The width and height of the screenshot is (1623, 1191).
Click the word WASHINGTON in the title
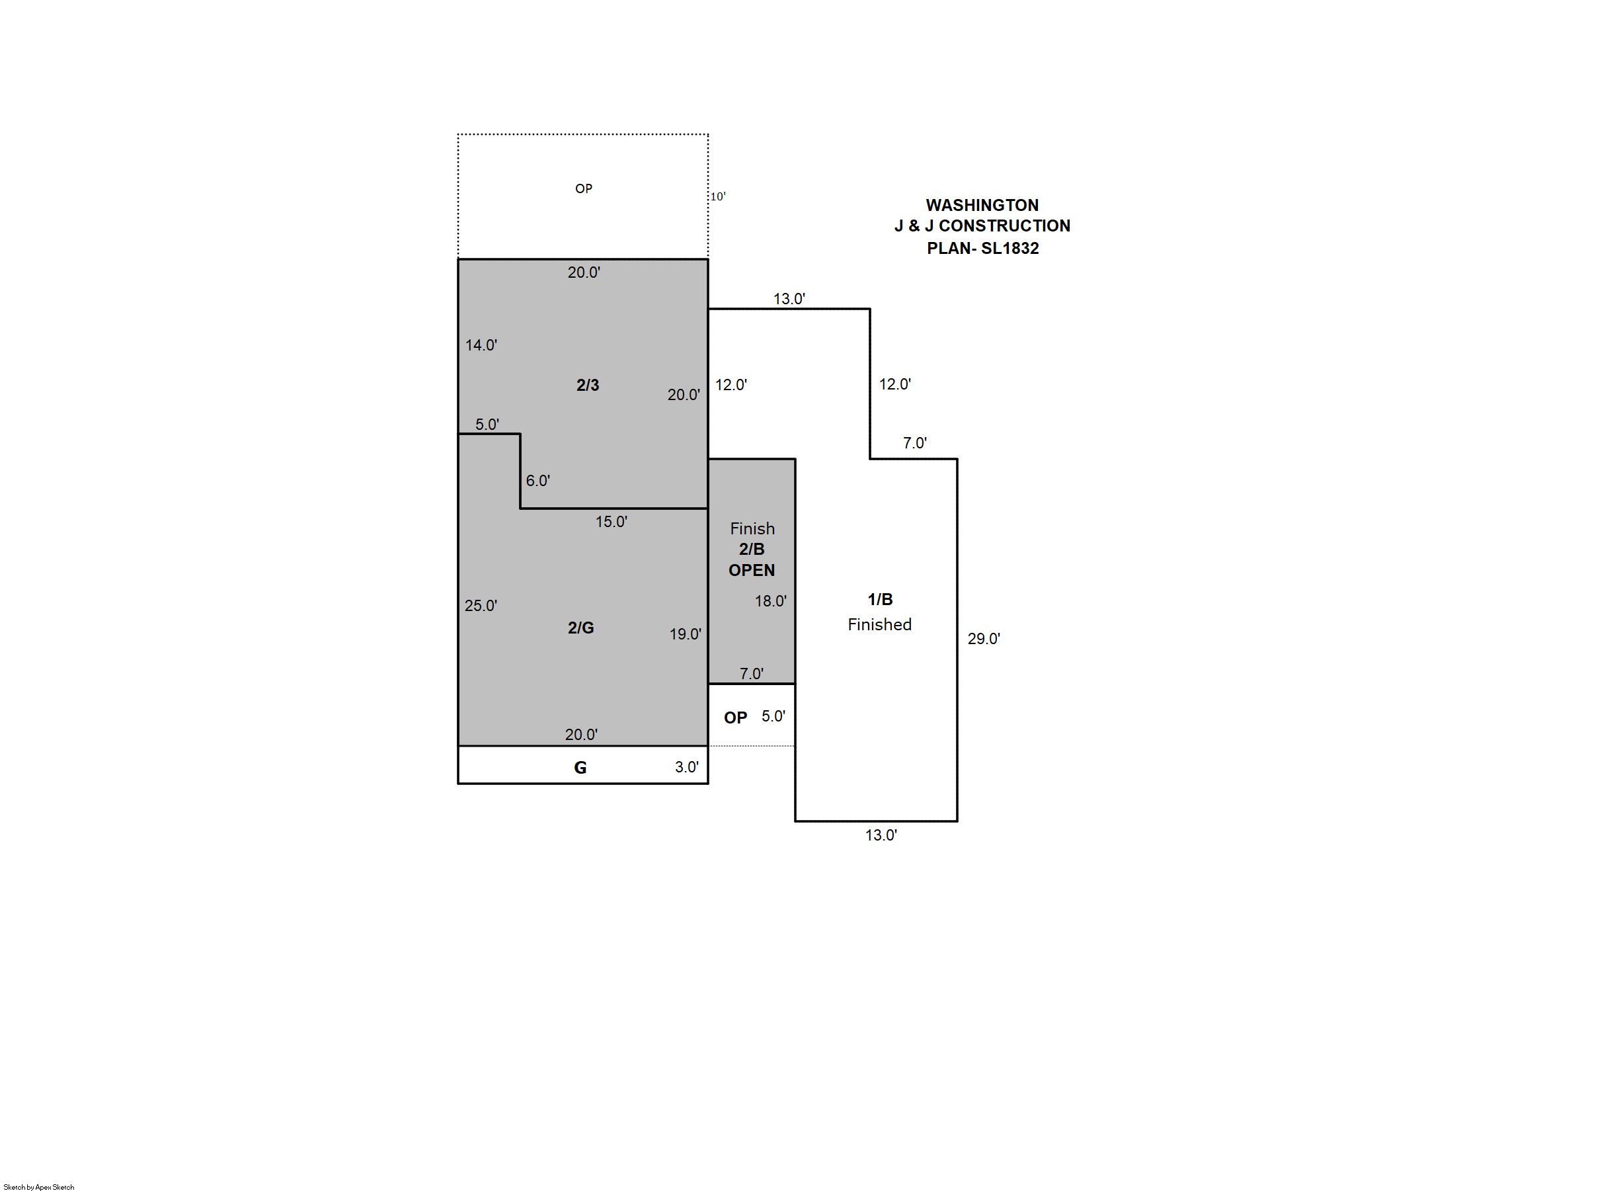coord(982,206)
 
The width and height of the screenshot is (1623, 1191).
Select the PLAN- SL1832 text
coord(982,249)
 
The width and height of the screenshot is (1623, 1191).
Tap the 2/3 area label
coord(587,385)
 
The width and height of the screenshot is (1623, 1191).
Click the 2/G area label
coord(581,628)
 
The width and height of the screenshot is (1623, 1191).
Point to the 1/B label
coord(880,599)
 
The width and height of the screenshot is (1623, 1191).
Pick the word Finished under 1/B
coord(879,624)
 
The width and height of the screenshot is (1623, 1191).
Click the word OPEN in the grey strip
coord(752,570)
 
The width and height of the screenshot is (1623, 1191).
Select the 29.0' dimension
coord(984,639)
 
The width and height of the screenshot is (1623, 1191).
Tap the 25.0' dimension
coord(481,606)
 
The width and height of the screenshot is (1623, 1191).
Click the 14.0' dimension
coord(481,345)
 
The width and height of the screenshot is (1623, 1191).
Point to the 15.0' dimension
coord(611,522)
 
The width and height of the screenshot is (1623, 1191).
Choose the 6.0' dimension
coord(537,481)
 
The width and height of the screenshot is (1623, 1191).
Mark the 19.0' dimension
coord(686,634)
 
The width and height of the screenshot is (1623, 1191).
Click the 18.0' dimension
coord(770,601)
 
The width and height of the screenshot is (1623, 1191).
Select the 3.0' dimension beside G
coord(687,767)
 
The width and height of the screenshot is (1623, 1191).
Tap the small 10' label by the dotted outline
coord(718,196)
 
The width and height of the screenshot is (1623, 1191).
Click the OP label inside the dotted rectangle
coord(584,189)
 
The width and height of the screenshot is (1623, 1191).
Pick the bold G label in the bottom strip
coord(580,768)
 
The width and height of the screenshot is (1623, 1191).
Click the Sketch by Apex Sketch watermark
coord(39,1186)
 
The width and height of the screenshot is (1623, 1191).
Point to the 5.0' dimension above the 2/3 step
coord(487,425)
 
